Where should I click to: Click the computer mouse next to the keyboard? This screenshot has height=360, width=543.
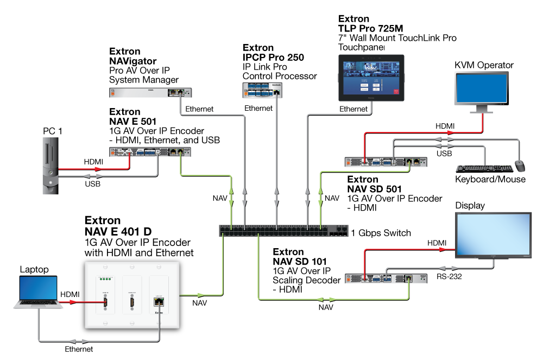[520, 165]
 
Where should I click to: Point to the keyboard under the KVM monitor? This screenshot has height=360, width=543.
[482, 169]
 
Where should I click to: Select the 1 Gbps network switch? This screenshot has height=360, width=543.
[282, 231]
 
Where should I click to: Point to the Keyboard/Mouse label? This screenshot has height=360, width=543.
[490, 180]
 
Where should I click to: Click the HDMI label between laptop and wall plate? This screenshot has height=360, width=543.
[70, 294]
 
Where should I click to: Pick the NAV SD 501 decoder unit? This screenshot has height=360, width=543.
[391, 161]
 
